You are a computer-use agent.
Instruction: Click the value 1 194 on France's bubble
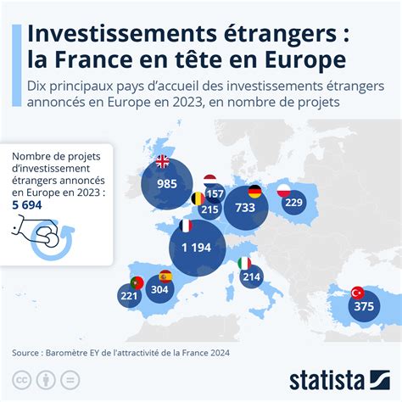(x=196, y=247)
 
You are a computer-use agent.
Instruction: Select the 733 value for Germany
(x=245, y=207)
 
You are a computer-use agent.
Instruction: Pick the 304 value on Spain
(x=159, y=288)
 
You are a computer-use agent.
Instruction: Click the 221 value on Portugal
(x=129, y=296)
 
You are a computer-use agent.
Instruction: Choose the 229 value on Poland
(x=293, y=202)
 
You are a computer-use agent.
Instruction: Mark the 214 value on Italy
(x=251, y=276)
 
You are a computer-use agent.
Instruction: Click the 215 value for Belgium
(x=210, y=209)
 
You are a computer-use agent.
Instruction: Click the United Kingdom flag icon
(x=161, y=163)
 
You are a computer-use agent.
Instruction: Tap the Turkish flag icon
(x=357, y=292)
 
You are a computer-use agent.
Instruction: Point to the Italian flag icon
(x=244, y=261)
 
